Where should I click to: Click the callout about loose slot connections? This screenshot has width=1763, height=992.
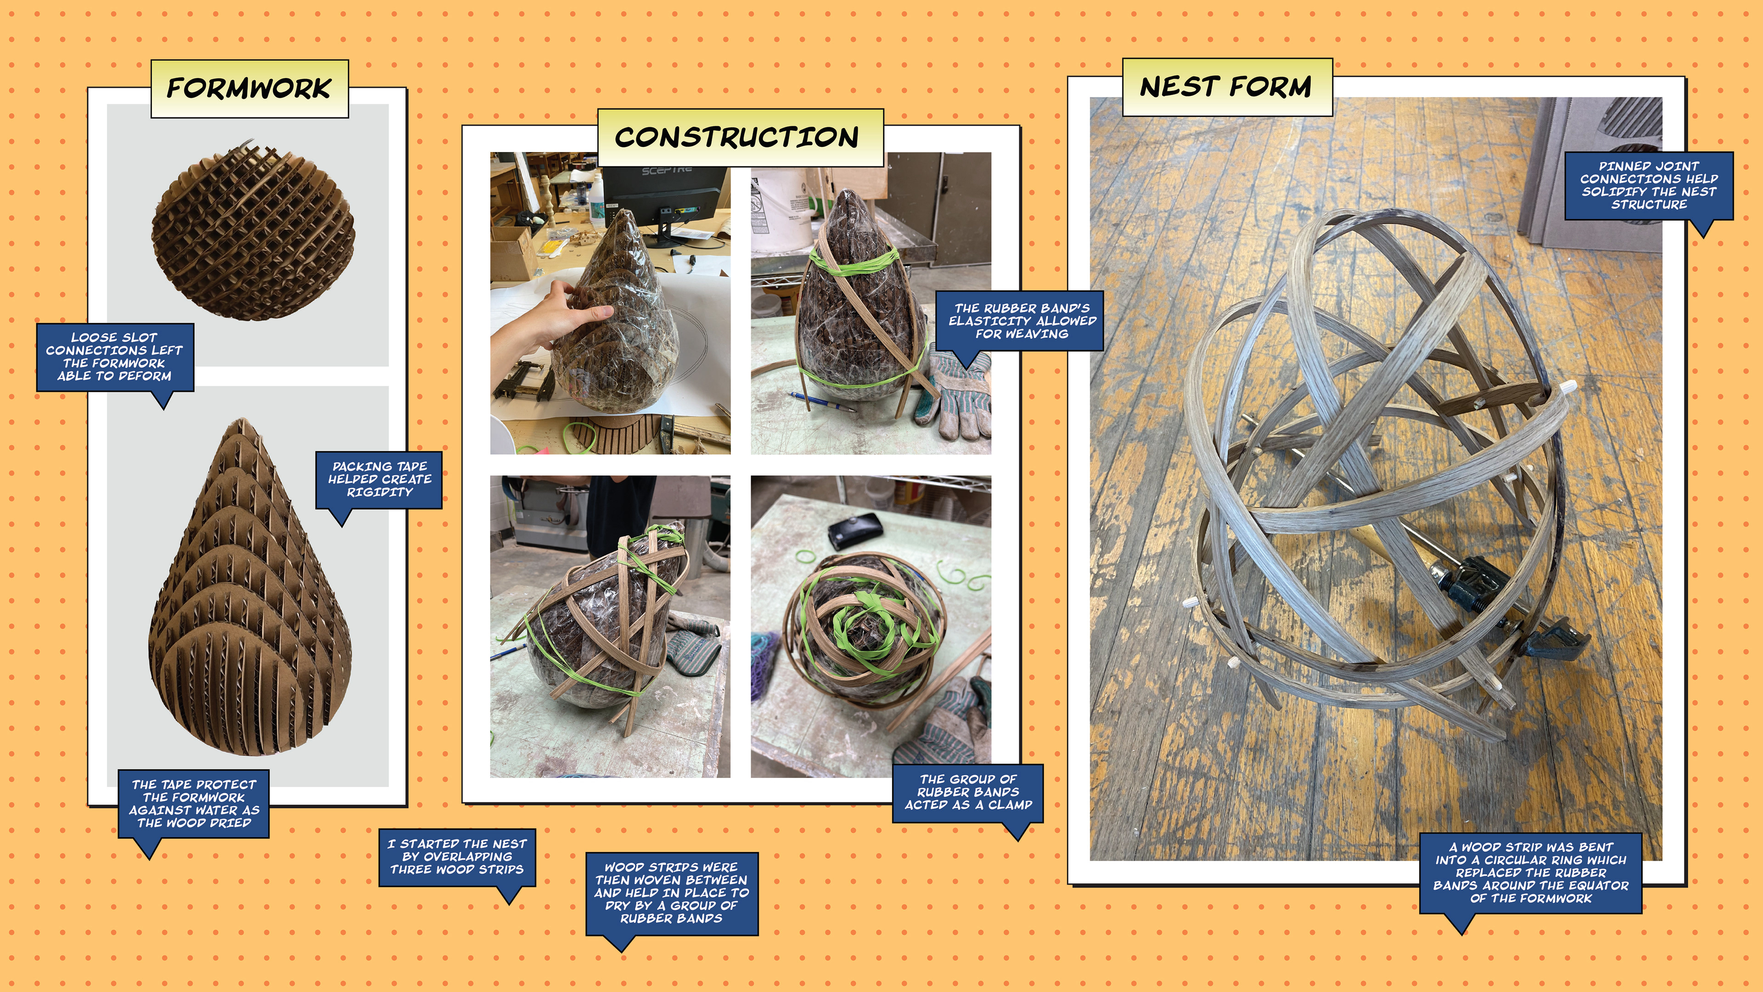(x=115, y=357)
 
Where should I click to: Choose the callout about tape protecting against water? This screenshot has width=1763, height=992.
(x=194, y=804)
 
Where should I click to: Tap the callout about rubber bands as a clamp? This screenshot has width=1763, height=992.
(x=968, y=792)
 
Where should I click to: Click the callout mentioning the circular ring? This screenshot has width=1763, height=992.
(x=1531, y=873)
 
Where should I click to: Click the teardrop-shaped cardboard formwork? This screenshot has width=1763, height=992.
(x=250, y=589)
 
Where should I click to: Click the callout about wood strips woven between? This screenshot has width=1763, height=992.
(x=671, y=893)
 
